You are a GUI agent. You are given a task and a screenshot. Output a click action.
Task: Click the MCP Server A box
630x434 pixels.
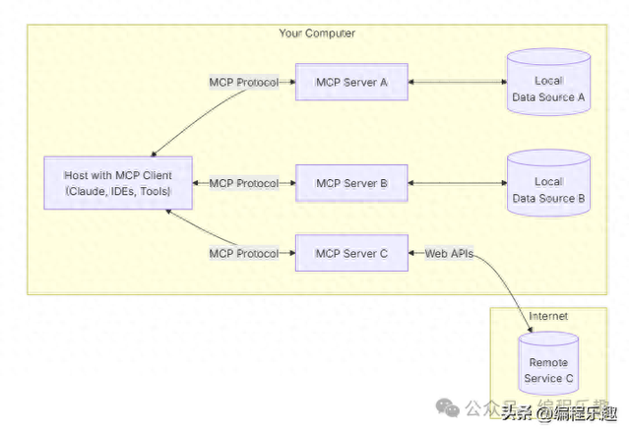pos(351,82)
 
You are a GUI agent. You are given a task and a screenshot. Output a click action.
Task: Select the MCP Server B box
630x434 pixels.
pos(351,183)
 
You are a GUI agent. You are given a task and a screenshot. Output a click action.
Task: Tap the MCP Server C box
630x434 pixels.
pos(351,254)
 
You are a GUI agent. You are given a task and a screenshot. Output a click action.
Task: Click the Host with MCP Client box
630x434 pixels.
pos(117,182)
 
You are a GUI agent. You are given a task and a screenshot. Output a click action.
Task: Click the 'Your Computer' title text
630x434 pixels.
pos(317,33)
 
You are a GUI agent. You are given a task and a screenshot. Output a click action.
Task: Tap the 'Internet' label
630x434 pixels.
pos(548,316)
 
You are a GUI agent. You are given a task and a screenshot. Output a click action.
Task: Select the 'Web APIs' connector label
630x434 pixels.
pos(450,254)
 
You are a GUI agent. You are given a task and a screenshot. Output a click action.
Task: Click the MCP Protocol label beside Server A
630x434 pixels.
pos(243,82)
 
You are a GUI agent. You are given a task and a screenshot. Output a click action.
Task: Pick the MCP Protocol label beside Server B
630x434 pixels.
pos(243,183)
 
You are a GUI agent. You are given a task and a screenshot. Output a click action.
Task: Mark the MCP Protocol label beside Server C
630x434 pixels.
pos(243,254)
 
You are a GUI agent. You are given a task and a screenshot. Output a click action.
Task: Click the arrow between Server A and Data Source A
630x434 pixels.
pos(457,82)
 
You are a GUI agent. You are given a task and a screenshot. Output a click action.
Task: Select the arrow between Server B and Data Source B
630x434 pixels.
pos(457,183)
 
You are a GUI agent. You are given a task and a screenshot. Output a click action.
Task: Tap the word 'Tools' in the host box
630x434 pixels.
pos(152,191)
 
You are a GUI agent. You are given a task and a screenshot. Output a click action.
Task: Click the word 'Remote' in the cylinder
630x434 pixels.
pos(548,363)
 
